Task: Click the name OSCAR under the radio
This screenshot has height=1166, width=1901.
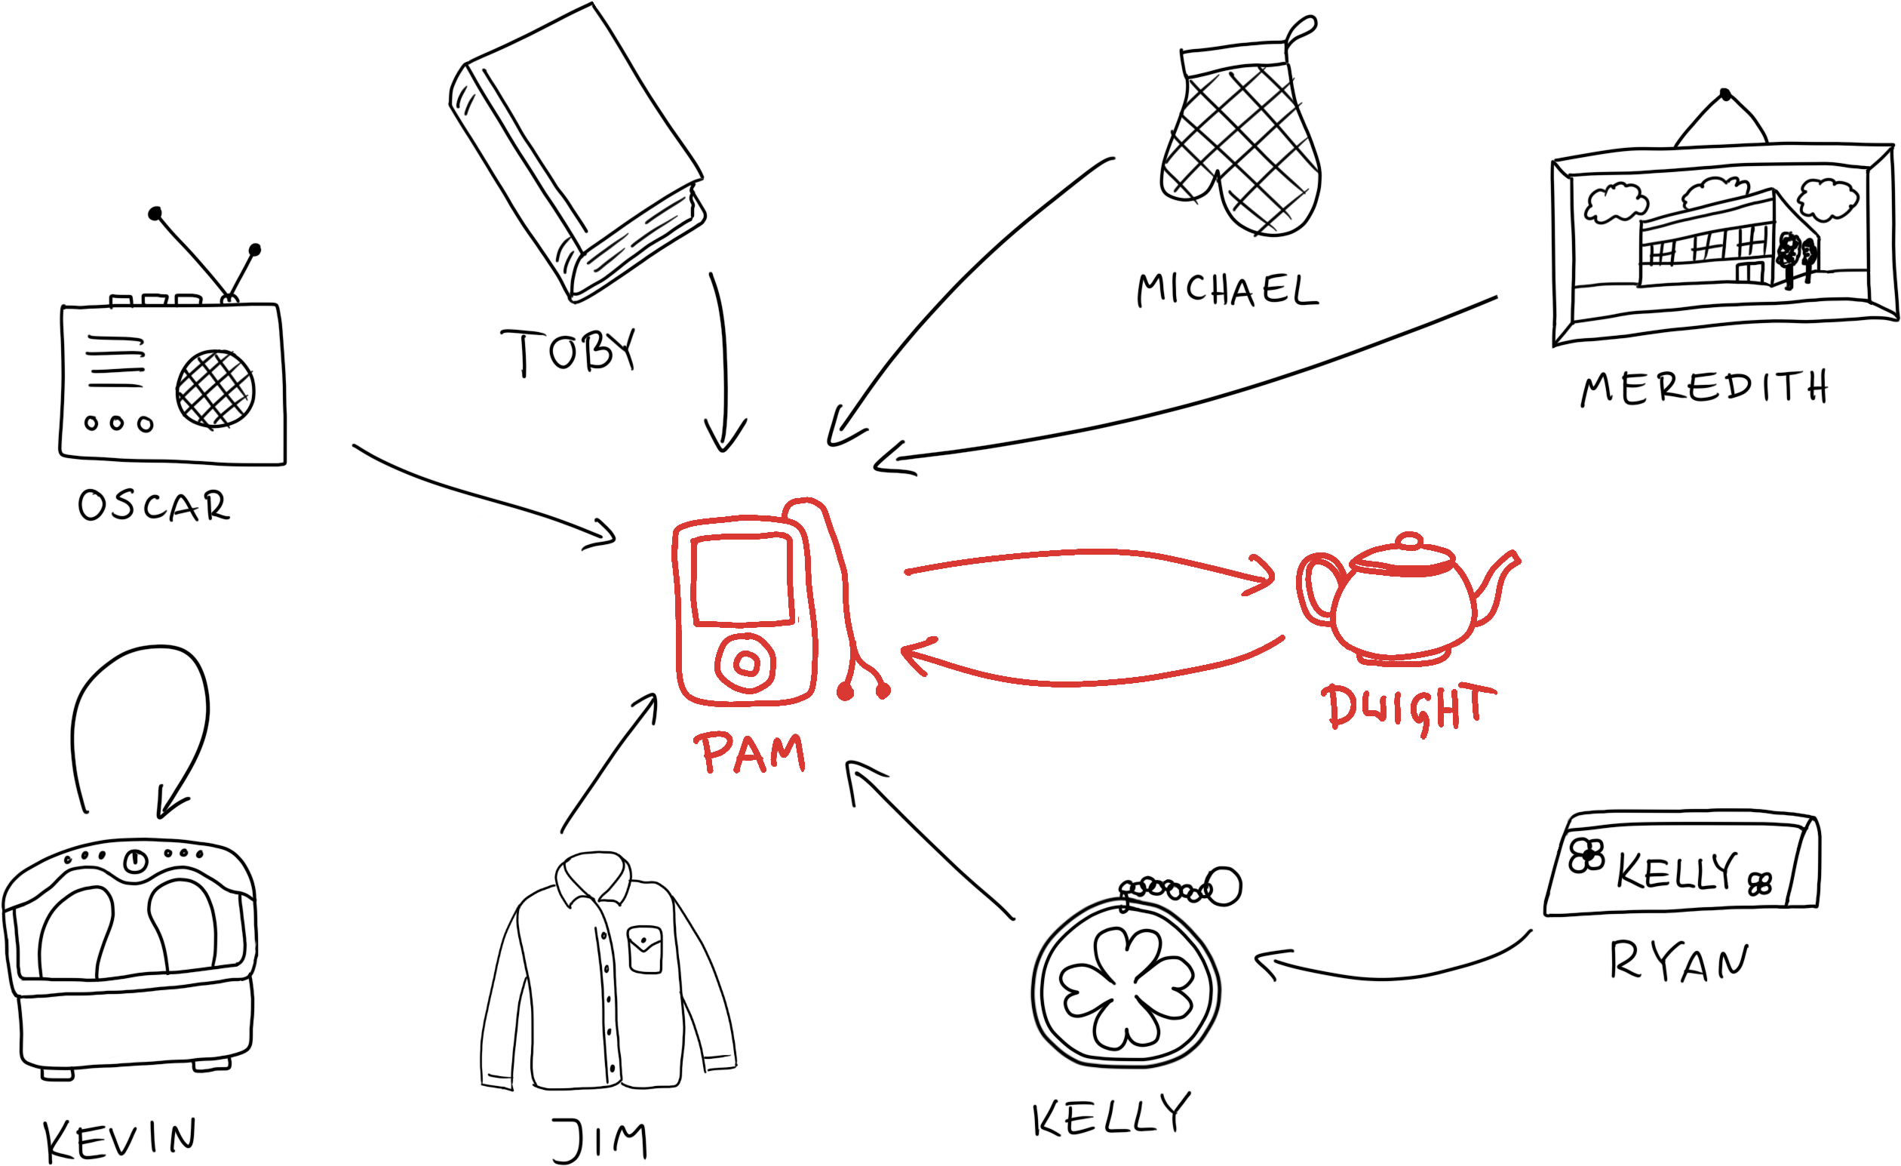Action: (155, 506)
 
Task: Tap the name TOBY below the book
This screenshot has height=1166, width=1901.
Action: (570, 352)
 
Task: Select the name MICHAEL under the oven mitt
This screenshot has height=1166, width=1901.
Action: (1227, 290)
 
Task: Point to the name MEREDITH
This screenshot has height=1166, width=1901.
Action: (1704, 388)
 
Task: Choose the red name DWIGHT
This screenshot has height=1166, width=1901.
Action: (1407, 707)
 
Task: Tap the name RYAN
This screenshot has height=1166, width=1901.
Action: (1678, 961)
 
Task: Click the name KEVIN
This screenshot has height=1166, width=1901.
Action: (121, 1139)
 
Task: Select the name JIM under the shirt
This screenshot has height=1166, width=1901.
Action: (600, 1139)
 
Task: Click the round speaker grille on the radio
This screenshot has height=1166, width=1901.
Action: (215, 388)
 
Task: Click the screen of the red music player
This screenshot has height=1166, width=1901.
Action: (742, 580)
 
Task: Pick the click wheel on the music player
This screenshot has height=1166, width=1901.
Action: (745, 662)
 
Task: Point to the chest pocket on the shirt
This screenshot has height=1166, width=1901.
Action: (645, 949)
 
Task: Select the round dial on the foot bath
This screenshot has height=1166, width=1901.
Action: (136, 860)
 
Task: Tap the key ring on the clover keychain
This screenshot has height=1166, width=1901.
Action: (1223, 886)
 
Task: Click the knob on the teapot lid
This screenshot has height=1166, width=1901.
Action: (1410, 540)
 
